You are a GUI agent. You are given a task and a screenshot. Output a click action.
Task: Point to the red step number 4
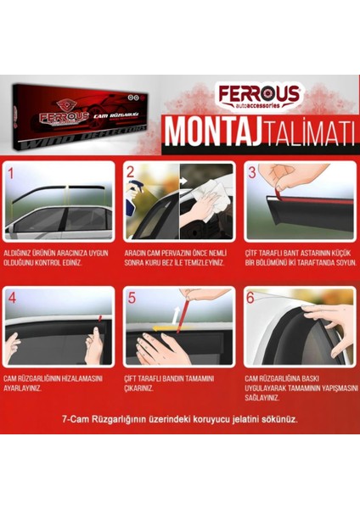(12, 297)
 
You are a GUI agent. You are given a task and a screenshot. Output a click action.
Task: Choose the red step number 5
(131, 297)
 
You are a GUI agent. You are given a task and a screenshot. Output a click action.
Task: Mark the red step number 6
(251, 297)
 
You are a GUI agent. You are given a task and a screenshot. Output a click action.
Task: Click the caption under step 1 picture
(59, 258)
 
